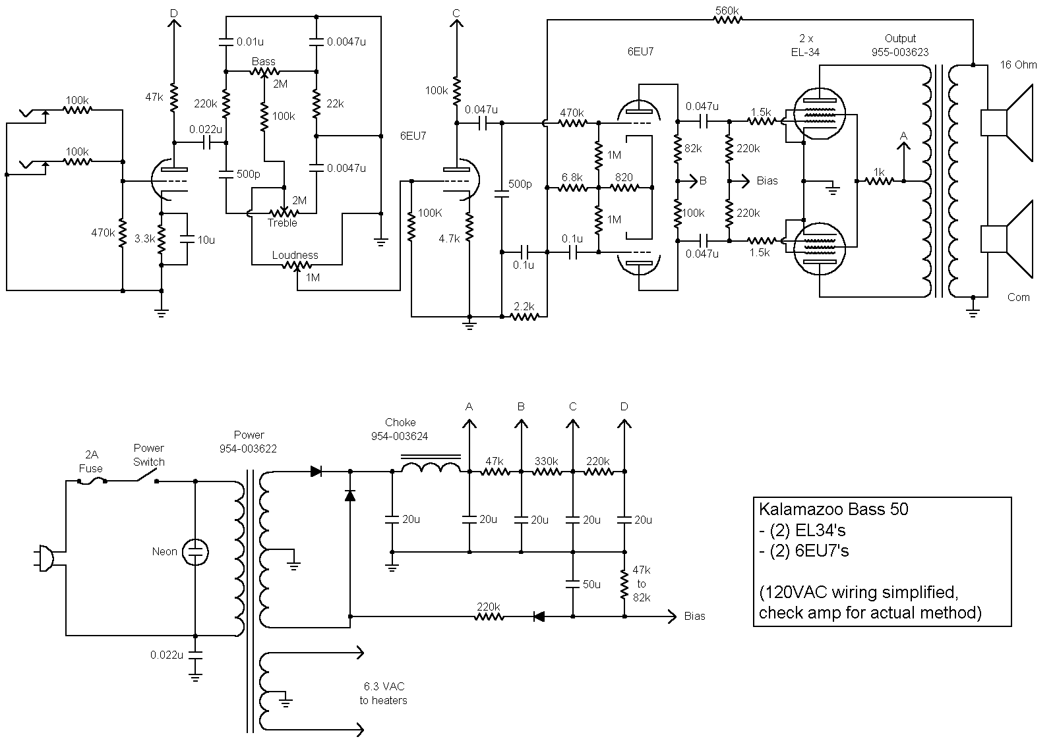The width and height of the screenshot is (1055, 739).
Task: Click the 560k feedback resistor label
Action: pos(727,10)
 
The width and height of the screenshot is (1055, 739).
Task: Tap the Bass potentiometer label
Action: pos(264,61)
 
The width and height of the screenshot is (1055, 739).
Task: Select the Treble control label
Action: pos(282,223)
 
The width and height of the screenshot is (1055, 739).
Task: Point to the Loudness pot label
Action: pos(295,255)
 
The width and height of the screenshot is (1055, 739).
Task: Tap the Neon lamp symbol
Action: pos(195,552)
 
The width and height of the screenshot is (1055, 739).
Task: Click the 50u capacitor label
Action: pos(591,584)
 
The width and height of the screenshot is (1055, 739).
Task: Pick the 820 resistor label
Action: pos(624,177)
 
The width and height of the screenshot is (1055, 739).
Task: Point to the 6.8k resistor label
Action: pos(572,177)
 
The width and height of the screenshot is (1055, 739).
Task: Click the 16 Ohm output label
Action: pos(1018,65)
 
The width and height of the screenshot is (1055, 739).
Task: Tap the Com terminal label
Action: pos(1018,297)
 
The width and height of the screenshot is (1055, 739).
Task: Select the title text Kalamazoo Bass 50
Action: pos(833,509)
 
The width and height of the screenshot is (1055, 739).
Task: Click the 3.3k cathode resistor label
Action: pos(144,239)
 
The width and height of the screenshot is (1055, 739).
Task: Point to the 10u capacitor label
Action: pos(206,240)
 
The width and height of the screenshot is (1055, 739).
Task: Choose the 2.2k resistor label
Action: pos(524,306)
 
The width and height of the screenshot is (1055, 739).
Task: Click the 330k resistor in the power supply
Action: pos(547,471)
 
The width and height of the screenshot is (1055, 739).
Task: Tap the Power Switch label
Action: pos(149,454)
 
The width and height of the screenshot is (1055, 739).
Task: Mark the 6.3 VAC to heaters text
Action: pos(383,693)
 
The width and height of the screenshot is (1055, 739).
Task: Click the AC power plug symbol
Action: pos(45,557)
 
